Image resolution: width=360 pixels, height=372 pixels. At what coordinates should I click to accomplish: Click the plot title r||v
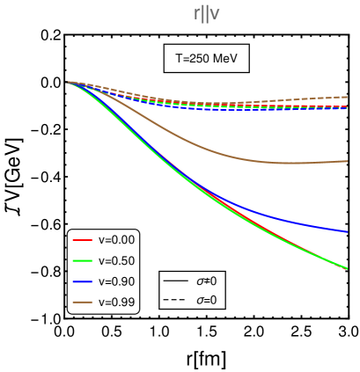(x=207, y=13)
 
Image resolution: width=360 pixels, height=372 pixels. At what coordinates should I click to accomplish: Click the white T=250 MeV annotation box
(x=207, y=59)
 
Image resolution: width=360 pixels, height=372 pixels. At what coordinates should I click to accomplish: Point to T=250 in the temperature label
(x=192, y=59)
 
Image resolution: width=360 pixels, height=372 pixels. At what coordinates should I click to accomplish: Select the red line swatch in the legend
(x=83, y=239)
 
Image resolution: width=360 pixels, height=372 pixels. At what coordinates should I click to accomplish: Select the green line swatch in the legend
(x=83, y=260)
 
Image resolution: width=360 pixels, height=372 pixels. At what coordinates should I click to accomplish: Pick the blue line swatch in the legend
(x=83, y=281)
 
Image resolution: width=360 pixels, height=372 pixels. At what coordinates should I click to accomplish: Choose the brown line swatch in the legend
(x=83, y=303)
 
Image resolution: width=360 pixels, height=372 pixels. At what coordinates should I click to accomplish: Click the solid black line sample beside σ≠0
(x=176, y=281)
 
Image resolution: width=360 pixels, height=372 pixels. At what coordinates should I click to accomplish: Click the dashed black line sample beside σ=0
(x=176, y=301)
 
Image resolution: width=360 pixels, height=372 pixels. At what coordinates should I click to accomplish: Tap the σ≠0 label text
(x=206, y=281)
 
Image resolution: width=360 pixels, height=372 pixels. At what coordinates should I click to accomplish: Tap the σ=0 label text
(x=206, y=301)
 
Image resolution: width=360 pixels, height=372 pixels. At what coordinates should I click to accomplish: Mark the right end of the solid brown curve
(x=347, y=161)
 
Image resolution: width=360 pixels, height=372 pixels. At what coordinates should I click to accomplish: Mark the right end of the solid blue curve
(x=347, y=232)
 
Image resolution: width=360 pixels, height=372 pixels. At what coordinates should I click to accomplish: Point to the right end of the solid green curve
(x=347, y=268)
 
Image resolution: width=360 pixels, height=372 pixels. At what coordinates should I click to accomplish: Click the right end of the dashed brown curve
(x=347, y=97)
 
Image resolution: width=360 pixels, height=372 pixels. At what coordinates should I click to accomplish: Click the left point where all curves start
(x=68, y=83)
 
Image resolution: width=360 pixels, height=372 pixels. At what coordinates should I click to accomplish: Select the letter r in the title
(x=197, y=13)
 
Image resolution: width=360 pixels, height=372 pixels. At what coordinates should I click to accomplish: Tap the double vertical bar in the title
(x=206, y=13)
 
